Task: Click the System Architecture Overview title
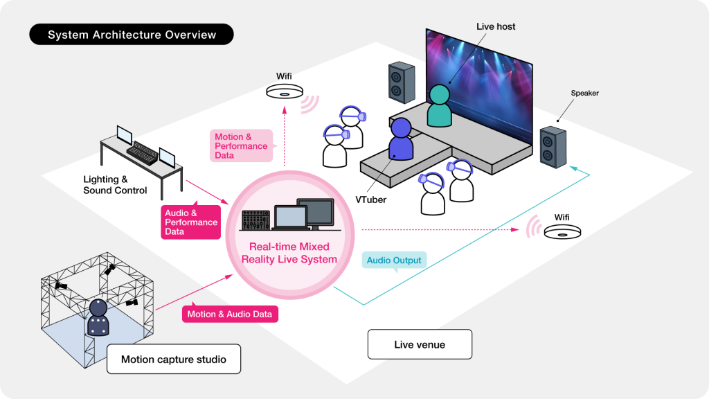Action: pos(132,35)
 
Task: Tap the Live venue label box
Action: pos(420,344)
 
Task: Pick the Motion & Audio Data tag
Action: pos(230,314)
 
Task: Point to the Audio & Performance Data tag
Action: pos(190,222)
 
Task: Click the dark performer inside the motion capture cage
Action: pos(100,319)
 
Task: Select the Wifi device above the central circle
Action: pos(284,91)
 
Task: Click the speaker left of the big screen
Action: pos(402,82)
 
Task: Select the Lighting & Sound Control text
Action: pos(115,185)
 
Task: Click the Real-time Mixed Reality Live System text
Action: pos(289,253)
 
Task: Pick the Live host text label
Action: pos(496,26)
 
